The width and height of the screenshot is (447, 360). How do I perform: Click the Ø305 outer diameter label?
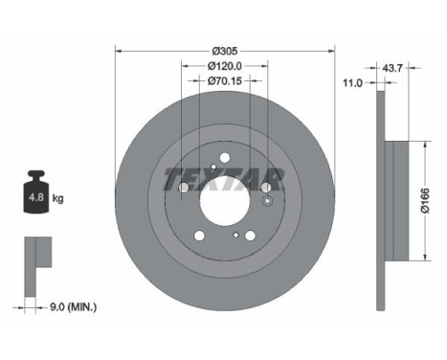tap(224, 49)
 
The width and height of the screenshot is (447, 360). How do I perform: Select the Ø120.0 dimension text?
tap(224, 65)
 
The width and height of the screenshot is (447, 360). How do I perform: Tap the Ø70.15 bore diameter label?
tap(224, 81)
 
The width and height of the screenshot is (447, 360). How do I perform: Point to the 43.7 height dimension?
tap(391, 69)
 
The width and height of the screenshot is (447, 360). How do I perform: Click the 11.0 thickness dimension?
tap(352, 83)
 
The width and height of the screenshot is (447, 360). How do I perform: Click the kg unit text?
tap(58, 199)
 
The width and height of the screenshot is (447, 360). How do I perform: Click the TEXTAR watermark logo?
tap(223, 178)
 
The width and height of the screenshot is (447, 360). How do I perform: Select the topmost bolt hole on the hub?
tap(224, 159)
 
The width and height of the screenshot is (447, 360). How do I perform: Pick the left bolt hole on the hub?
tap(182, 188)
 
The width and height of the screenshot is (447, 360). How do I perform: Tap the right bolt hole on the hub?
tap(266, 188)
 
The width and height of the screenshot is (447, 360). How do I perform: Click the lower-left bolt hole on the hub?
tap(199, 235)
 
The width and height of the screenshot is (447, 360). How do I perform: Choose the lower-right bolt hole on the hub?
tap(251, 236)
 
